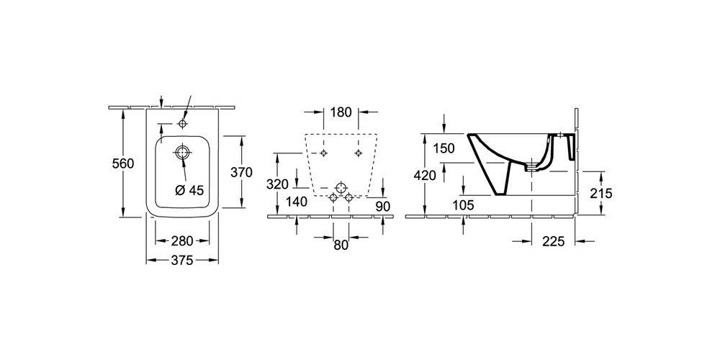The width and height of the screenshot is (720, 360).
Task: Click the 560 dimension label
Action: [x=123, y=163]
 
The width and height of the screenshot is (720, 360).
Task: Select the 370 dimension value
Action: [x=241, y=173]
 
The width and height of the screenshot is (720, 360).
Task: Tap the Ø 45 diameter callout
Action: [x=189, y=190]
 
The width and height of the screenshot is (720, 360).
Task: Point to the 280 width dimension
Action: [x=182, y=240]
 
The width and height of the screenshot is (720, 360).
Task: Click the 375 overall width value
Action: [x=182, y=261]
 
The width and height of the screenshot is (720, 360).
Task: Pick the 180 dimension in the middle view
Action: [x=341, y=112]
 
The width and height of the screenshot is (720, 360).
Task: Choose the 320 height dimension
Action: [x=277, y=184]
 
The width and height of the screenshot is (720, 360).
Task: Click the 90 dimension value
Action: [x=382, y=206]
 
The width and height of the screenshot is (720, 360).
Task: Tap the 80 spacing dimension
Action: [x=341, y=246]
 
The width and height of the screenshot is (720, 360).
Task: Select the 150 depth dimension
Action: [x=444, y=148]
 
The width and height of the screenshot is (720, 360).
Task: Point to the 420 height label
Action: [x=425, y=175]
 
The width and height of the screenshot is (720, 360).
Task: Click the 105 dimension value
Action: [x=463, y=204]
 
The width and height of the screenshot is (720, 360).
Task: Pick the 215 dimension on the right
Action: [x=601, y=193]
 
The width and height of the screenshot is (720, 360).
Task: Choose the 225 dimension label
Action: [x=553, y=241]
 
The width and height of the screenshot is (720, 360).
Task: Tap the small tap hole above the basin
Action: [x=183, y=124]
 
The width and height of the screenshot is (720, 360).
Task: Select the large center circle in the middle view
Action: [x=341, y=188]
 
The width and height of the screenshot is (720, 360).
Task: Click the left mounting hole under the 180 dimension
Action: [x=324, y=153]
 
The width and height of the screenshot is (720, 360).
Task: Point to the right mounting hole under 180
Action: [x=358, y=153]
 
